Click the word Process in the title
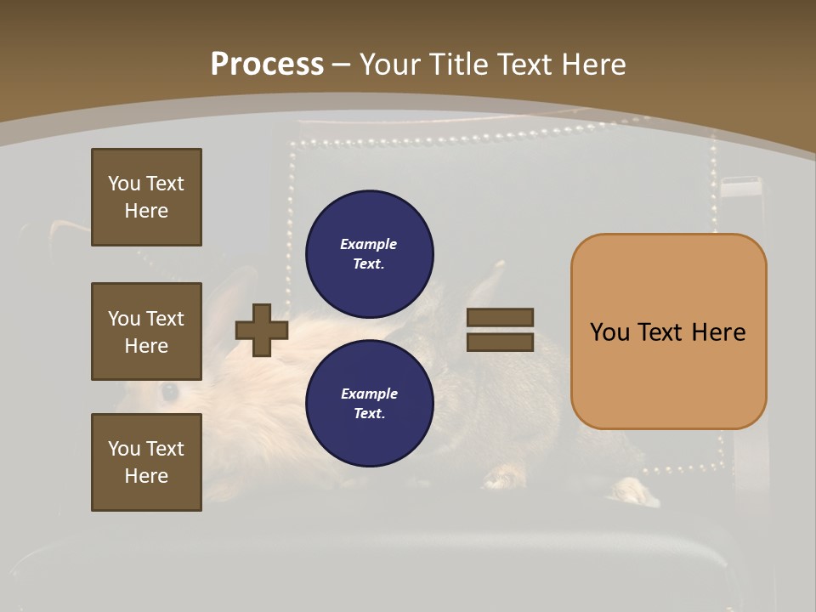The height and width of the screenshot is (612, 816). click(267, 64)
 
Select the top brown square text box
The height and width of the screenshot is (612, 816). click(146, 197)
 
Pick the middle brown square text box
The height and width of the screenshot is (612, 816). click(146, 331)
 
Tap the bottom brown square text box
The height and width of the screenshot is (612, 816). click(146, 462)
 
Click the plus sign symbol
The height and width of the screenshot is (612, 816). click(262, 330)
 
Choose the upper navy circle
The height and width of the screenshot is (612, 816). click(370, 254)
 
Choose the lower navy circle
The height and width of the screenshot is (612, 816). click(370, 404)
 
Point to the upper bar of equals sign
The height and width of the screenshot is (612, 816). click(500, 317)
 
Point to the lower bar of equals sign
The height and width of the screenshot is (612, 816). click(500, 342)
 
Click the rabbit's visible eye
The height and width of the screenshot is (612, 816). click(170, 391)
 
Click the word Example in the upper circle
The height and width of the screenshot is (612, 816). click(368, 244)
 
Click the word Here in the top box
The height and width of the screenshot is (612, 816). click(146, 211)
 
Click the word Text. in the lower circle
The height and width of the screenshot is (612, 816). click(369, 414)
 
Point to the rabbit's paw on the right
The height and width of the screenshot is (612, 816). click(633, 490)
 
